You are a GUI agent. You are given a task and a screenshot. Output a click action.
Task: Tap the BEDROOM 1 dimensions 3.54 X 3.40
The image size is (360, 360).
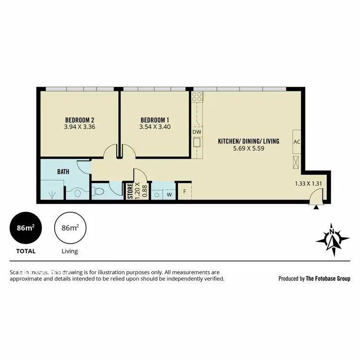(x=155, y=127)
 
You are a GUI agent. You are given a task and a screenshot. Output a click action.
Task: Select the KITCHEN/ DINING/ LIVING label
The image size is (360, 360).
(x=248, y=141)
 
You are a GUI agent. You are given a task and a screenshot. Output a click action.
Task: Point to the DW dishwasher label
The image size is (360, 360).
(x=197, y=132)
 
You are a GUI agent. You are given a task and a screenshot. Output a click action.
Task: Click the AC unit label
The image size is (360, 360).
(x=297, y=142)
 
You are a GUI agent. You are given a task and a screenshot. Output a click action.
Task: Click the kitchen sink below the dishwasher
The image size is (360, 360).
(x=197, y=143)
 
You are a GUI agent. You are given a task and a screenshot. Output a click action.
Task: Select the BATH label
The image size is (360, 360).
(x=63, y=171)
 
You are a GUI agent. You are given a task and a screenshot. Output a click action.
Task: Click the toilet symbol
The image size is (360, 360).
(x=99, y=192)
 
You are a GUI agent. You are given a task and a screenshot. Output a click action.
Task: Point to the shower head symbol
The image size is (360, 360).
(x=52, y=194)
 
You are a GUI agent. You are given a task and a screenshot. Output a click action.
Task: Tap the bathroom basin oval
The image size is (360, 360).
(x=77, y=194)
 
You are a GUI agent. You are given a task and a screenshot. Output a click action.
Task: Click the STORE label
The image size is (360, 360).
(x=130, y=191)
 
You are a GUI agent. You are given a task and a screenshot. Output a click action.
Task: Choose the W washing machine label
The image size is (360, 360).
(x=169, y=194)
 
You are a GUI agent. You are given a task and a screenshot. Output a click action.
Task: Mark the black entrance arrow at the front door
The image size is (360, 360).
(x=316, y=207)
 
